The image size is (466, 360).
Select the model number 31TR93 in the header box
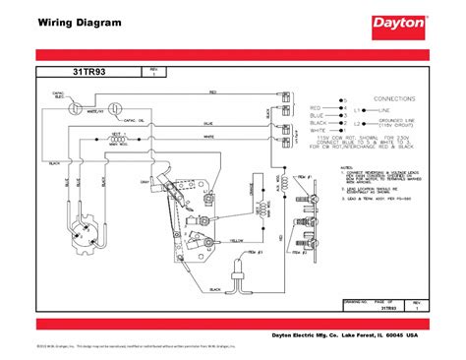point(89,73)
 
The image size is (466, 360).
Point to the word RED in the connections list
point(316,106)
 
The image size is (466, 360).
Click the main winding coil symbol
point(122,139)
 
